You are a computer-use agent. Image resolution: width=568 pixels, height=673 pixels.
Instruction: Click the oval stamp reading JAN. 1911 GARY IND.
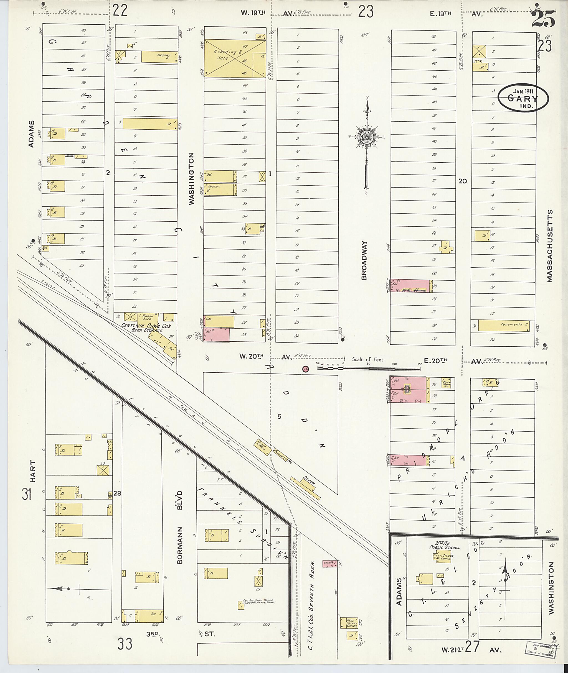click(523, 98)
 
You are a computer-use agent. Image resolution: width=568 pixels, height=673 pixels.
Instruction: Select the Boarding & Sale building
click(235, 58)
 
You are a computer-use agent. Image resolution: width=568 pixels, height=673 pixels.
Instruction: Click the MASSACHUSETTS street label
click(549, 246)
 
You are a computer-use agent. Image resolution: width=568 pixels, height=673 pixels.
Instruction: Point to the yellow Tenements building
click(503, 325)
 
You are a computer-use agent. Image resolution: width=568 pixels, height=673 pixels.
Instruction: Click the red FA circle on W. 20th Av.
click(305, 369)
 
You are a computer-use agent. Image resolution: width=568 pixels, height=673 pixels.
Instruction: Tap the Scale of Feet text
click(368, 360)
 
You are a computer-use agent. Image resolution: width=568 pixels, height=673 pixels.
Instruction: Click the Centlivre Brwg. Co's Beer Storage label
click(146, 328)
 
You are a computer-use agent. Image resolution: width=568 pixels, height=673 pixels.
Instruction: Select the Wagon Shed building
click(148, 317)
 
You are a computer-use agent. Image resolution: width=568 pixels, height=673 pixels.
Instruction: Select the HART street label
click(32, 472)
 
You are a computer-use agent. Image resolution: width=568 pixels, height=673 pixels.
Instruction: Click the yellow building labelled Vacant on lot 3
click(160, 57)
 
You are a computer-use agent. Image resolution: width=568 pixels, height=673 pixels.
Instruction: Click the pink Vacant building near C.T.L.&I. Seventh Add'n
click(330, 564)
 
